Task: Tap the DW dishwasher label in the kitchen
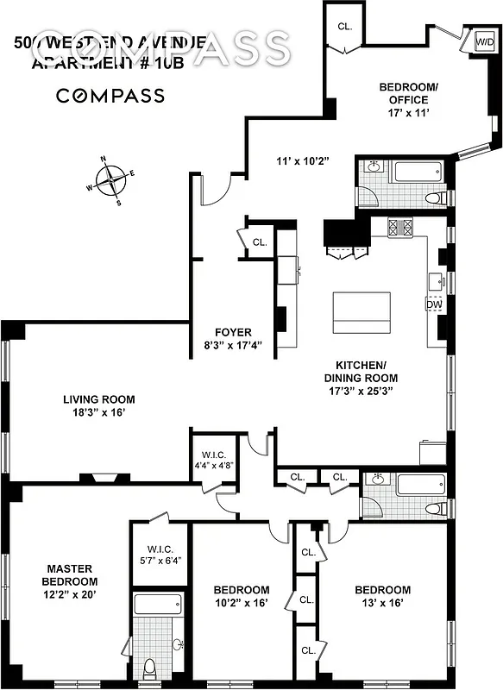click(x=433, y=304)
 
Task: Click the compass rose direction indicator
click(x=110, y=180)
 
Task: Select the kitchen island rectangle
click(x=361, y=313)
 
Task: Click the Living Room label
click(x=99, y=399)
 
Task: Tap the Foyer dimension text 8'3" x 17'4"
click(x=227, y=347)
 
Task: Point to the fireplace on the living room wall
click(x=104, y=477)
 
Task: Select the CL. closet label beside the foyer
click(x=260, y=242)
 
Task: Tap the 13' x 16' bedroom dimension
click(x=382, y=604)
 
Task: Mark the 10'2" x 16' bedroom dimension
click(x=242, y=604)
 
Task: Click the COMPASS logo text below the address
click(x=110, y=95)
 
